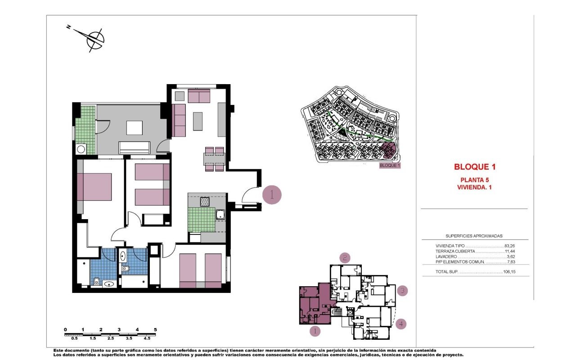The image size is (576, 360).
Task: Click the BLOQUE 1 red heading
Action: coord(475,167)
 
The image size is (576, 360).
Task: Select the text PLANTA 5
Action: coord(474,180)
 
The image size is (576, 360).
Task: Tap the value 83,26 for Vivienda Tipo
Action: coord(510,246)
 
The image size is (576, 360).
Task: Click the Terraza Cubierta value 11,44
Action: coord(510,251)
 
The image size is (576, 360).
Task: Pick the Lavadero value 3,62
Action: coord(511,256)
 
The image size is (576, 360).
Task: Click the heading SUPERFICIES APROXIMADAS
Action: coord(474,236)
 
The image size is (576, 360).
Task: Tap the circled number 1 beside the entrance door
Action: coord(272,195)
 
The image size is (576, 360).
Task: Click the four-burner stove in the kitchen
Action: coord(205,202)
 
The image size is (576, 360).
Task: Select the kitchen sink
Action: coord(220,215)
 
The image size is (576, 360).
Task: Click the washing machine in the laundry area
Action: coord(81,149)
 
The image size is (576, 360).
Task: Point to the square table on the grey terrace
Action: coord(135,128)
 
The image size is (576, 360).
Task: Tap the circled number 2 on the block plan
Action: coord(345,257)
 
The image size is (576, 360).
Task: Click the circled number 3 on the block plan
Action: coord(402,291)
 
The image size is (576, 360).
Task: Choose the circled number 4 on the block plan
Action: coord(401,324)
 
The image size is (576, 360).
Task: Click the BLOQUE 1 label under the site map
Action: coord(390,166)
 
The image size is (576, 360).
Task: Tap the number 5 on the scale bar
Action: coord(155,330)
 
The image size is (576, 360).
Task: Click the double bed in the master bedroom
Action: coord(94,187)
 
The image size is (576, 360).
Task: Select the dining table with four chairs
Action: coord(215,159)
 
